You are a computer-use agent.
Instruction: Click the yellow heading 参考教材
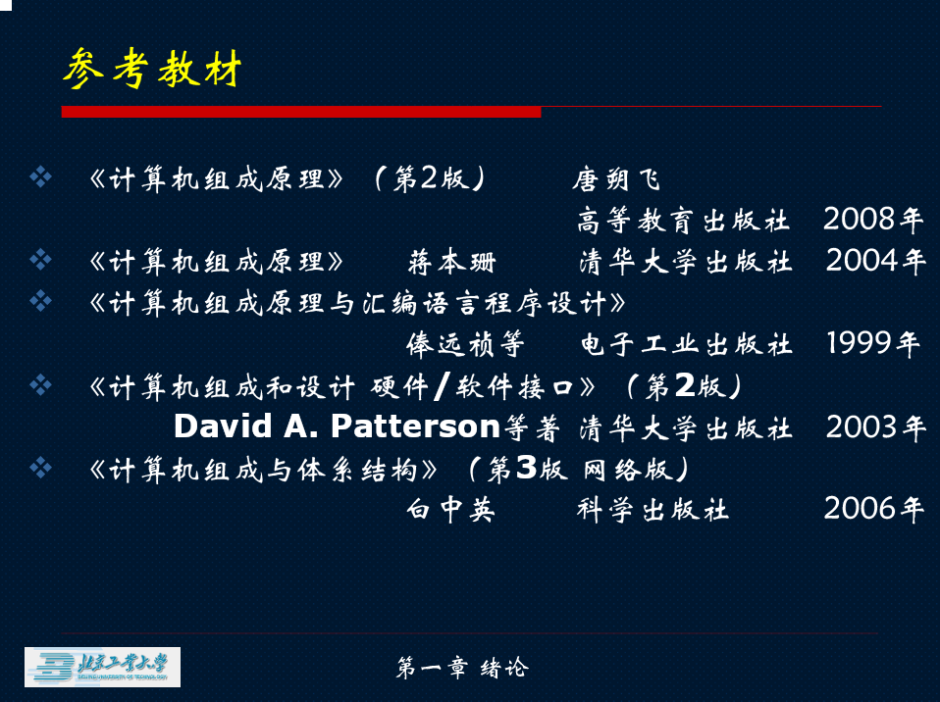click(152, 69)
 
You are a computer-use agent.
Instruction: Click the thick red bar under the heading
click(301, 112)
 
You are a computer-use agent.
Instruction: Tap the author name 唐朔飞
click(615, 179)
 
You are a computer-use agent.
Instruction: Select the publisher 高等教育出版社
click(683, 220)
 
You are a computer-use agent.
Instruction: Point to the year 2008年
click(873, 220)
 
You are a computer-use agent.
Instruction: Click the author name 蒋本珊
click(452, 262)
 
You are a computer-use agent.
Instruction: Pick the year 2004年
click(876, 261)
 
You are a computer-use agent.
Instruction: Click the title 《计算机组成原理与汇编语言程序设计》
click(358, 303)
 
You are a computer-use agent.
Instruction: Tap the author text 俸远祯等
click(465, 344)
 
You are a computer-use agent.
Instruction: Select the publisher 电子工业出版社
click(687, 344)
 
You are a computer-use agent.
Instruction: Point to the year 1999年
click(873, 343)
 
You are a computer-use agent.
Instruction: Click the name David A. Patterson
click(337, 426)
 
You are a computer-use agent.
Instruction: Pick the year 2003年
click(876, 427)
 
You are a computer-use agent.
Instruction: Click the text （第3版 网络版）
click(579, 469)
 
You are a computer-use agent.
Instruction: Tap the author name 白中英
click(450, 510)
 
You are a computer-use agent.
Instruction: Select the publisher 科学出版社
click(653, 510)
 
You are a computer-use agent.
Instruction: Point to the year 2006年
click(873, 509)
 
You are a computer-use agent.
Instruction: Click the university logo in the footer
click(102, 667)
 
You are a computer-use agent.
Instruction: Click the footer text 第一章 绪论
click(462, 668)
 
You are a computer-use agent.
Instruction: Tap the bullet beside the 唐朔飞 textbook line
click(41, 176)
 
